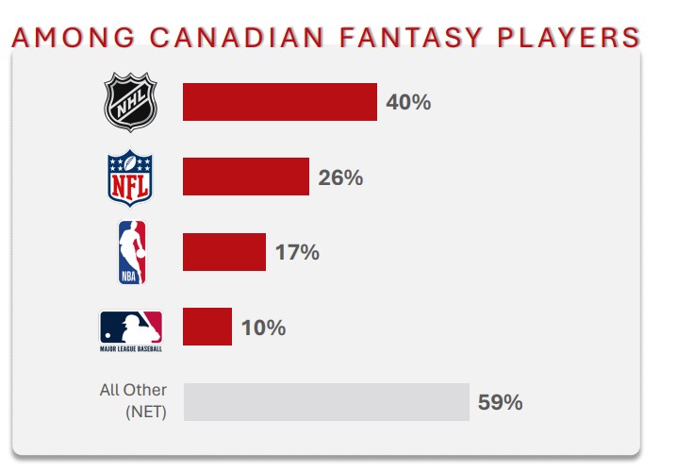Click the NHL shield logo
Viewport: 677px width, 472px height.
click(x=130, y=102)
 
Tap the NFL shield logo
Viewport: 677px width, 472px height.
click(x=130, y=177)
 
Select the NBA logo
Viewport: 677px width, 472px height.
click(x=131, y=252)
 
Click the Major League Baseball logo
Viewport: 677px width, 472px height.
click(x=131, y=327)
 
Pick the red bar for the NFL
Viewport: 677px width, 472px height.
click(x=245, y=177)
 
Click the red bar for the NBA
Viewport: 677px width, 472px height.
click(x=223, y=252)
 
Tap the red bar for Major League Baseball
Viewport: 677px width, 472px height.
click(x=206, y=327)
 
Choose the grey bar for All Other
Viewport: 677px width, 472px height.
click(x=326, y=402)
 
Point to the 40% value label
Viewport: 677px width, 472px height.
click(x=408, y=102)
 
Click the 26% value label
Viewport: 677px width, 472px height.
click(x=340, y=177)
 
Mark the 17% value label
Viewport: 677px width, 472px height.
click(x=297, y=252)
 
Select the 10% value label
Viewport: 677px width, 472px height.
click(x=263, y=328)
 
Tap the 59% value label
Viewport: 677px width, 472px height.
click(x=500, y=402)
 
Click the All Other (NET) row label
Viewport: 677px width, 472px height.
click(x=133, y=400)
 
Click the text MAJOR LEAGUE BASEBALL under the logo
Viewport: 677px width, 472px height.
click(x=131, y=348)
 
